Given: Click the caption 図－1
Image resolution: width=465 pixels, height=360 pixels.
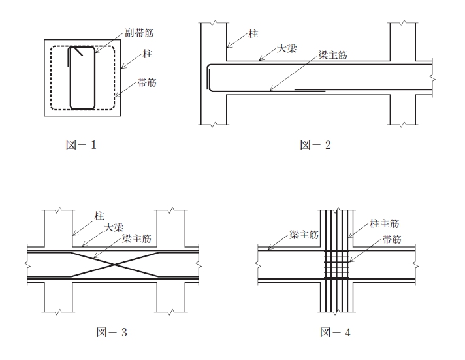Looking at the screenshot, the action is [x=81, y=145].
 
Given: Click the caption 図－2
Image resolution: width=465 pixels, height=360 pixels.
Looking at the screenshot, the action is [x=315, y=145].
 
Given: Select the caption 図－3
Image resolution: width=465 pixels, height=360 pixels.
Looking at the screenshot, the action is [x=112, y=332].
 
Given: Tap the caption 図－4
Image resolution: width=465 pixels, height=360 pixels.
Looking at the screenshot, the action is [x=336, y=332].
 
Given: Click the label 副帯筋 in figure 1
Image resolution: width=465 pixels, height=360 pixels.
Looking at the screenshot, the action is [x=139, y=33].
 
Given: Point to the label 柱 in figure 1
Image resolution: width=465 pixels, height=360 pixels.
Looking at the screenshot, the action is [x=148, y=54].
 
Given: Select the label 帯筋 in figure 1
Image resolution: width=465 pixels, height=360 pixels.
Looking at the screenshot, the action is [x=147, y=82].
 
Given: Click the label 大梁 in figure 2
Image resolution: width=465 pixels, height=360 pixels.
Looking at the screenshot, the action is [x=287, y=48].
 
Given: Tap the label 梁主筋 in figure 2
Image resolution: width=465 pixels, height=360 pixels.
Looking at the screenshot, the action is [x=332, y=55].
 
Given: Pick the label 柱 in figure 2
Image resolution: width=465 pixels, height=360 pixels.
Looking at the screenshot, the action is [x=253, y=33].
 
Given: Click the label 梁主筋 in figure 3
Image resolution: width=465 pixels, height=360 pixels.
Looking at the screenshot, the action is [x=136, y=238].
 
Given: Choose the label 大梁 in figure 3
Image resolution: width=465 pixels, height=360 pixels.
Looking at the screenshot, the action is [x=114, y=227].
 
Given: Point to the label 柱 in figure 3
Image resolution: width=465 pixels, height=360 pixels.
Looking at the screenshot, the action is [x=99, y=216].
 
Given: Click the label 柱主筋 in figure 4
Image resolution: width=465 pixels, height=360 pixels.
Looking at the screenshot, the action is [x=384, y=223].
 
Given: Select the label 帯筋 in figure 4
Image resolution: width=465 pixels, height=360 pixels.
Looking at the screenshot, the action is [x=392, y=239].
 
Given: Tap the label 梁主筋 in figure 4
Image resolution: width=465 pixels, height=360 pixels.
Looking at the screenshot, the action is [x=304, y=235].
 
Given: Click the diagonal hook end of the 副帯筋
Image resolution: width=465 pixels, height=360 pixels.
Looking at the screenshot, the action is [x=78, y=52].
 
